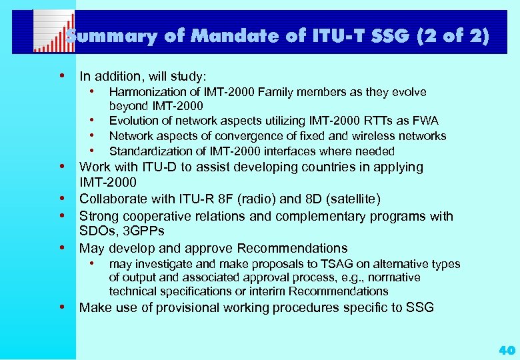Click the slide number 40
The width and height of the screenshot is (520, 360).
tap(506, 349)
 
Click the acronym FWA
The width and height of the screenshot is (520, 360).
tap(425, 121)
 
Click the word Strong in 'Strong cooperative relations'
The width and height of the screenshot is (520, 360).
tap(98, 216)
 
